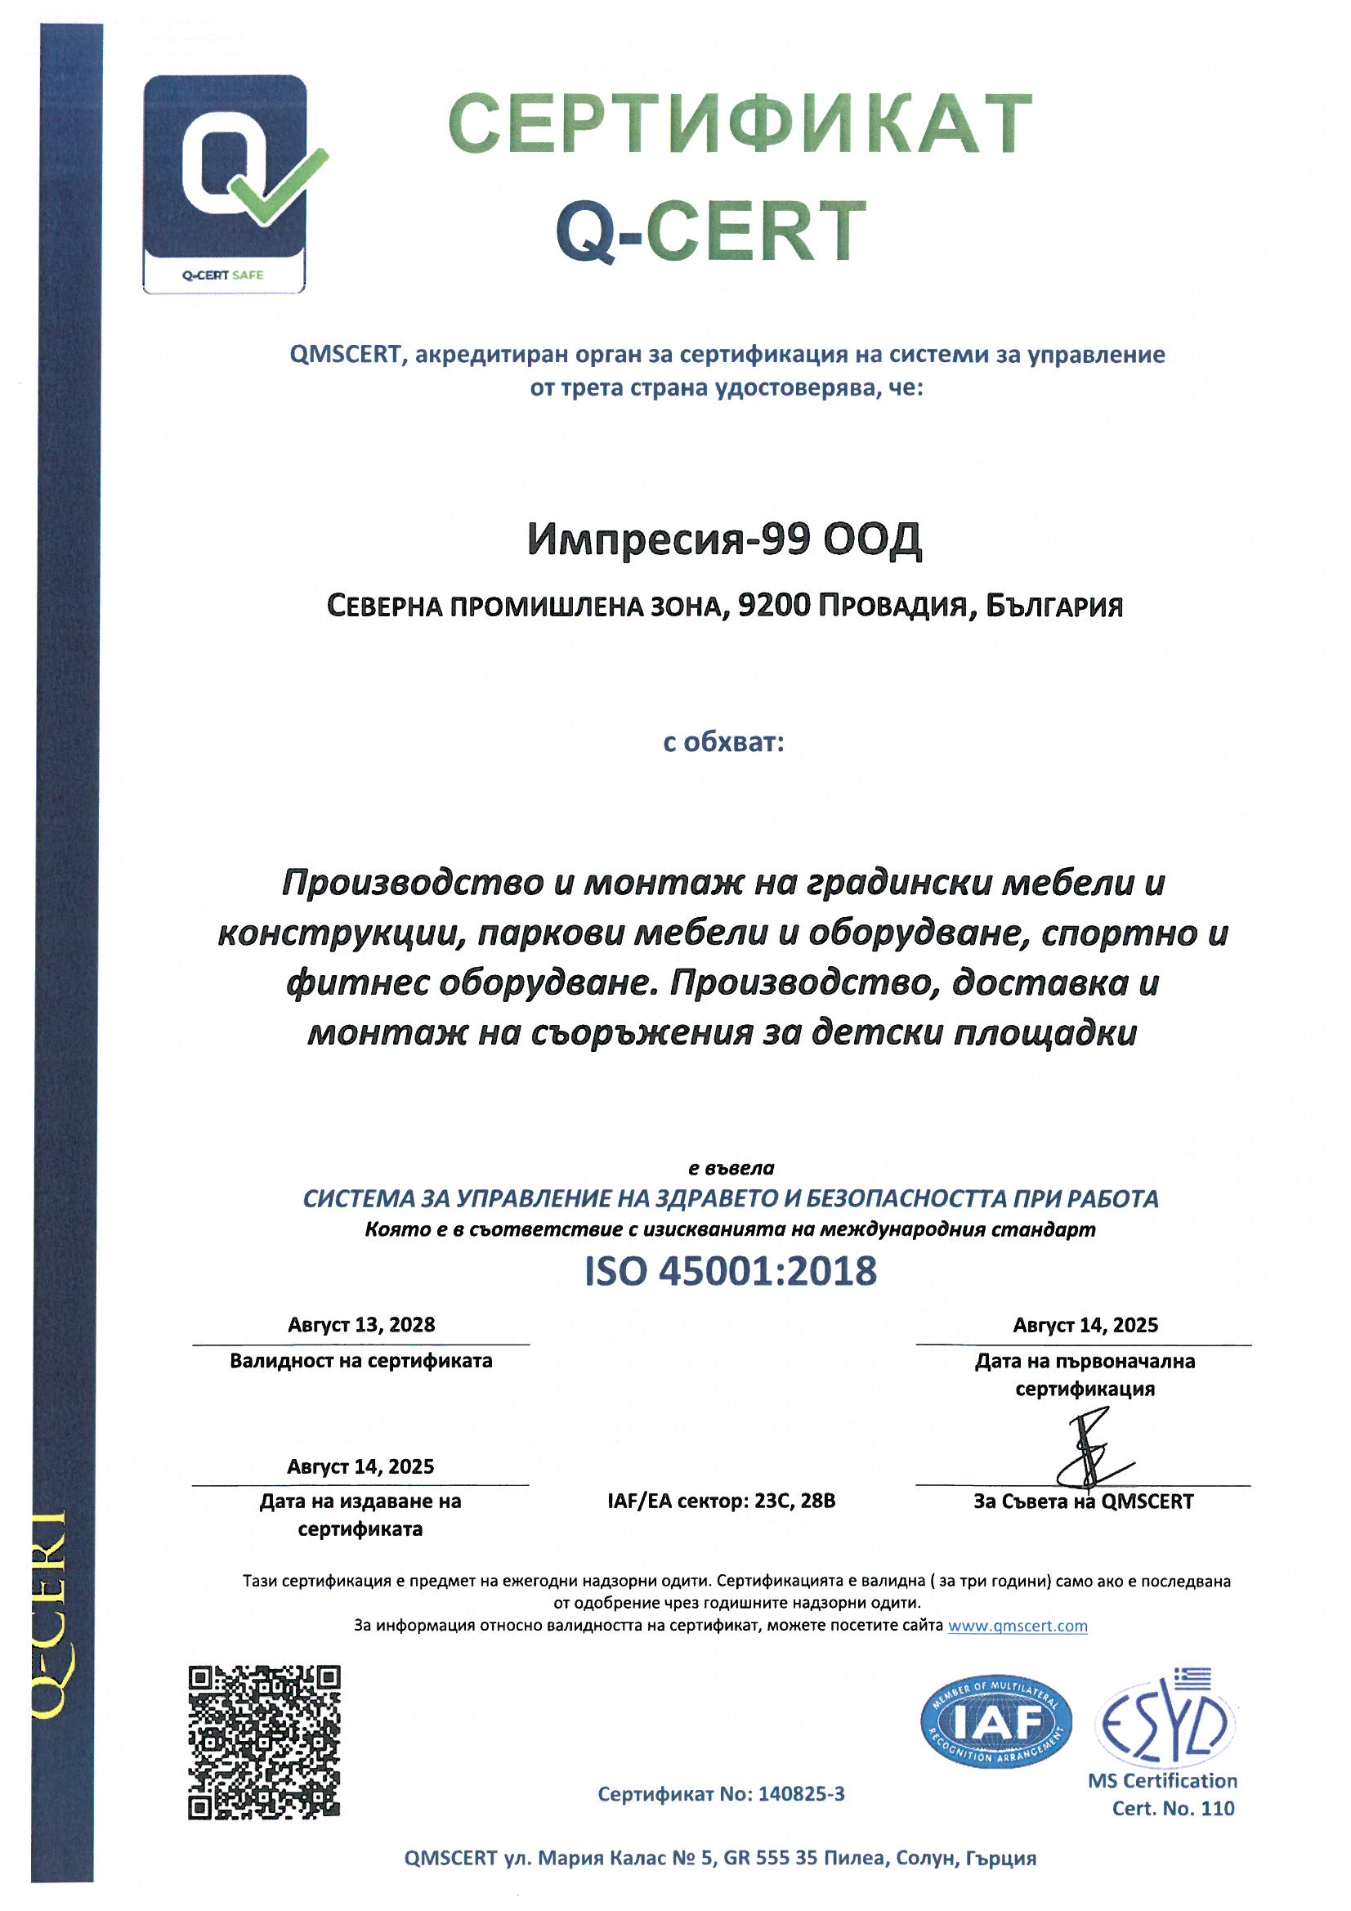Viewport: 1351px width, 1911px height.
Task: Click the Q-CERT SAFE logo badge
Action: click(x=225, y=184)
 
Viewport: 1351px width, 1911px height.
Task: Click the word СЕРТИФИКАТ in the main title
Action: click(x=740, y=125)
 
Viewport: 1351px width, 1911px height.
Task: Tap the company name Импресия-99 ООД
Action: click(x=724, y=539)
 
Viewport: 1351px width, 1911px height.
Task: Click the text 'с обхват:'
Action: click(x=723, y=741)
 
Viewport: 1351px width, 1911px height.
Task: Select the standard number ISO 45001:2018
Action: click(x=730, y=1271)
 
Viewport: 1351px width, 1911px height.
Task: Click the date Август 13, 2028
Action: click(x=361, y=1325)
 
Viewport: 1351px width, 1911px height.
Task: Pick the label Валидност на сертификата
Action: click(x=361, y=1361)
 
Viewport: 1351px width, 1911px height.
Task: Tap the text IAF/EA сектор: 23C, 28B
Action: click(x=721, y=1501)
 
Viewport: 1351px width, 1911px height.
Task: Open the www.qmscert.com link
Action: click(x=1018, y=1626)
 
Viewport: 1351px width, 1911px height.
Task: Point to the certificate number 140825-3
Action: click(x=801, y=1793)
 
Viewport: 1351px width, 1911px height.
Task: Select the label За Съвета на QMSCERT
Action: click(x=1083, y=1501)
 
